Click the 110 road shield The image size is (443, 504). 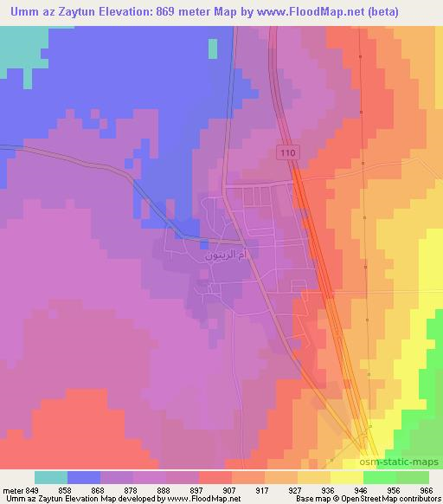pos(288,152)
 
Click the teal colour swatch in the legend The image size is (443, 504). pos(51,477)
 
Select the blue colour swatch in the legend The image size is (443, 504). pos(84,477)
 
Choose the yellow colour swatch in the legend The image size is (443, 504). pos(346,477)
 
